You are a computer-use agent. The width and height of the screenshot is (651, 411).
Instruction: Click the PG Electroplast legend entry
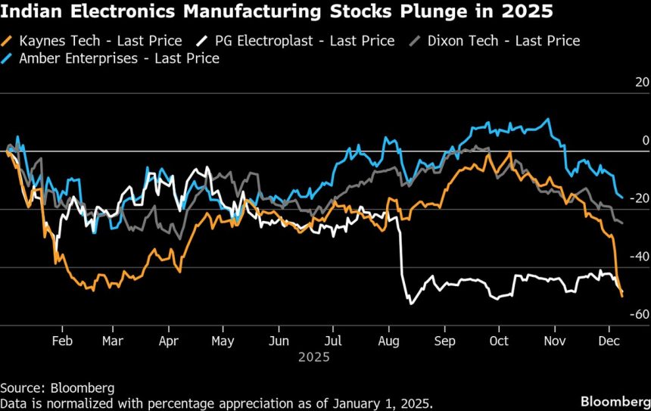click(295, 41)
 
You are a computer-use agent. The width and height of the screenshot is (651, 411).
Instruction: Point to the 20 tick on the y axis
click(641, 83)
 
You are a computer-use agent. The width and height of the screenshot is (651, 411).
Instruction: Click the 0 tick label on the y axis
click(646, 141)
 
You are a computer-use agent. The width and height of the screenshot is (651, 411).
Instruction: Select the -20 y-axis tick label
click(639, 198)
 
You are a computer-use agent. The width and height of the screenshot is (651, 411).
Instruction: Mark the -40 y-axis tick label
click(639, 257)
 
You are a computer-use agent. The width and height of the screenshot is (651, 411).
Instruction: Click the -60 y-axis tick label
click(639, 314)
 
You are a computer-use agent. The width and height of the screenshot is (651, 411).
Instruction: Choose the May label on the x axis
click(223, 341)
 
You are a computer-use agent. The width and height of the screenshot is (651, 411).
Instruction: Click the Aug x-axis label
click(388, 341)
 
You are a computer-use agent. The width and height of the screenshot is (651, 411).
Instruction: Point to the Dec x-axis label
click(609, 341)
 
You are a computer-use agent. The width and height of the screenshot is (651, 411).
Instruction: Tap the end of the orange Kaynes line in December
click(622, 296)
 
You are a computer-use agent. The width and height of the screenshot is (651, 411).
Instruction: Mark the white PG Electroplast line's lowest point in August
click(411, 304)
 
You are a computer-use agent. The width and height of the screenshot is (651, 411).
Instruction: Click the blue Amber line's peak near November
click(548, 120)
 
